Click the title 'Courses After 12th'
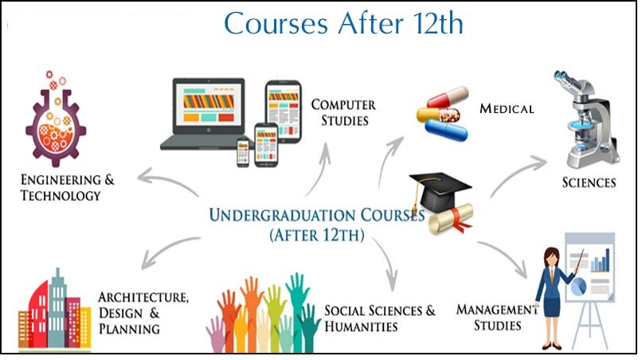click(x=343, y=23)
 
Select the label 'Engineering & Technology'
click(x=67, y=187)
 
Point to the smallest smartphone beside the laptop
click(x=243, y=153)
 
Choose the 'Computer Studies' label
click(x=343, y=112)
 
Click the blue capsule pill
click(x=446, y=131)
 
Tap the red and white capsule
click(x=448, y=96)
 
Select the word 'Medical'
click(x=507, y=108)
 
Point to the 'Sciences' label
click(x=589, y=182)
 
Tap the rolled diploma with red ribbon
click(x=451, y=219)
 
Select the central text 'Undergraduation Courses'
click(x=317, y=215)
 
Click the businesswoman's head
click(x=551, y=257)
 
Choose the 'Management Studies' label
click(x=497, y=317)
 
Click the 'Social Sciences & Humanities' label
click(x=380, y=319)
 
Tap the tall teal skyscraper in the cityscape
click(x=57, y=308)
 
